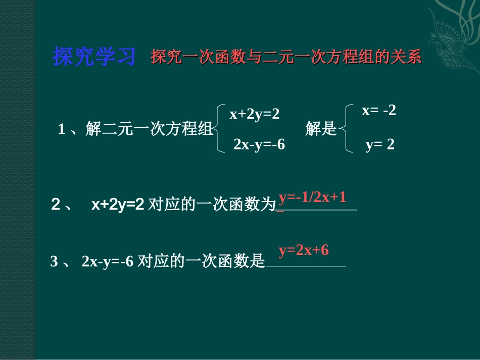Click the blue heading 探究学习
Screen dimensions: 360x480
tap(94, 57)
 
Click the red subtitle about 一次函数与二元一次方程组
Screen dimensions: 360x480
tap(285, 57)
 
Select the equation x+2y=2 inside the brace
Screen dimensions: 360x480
tap(254, 115)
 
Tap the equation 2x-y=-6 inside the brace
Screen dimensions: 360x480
tap(259, 145)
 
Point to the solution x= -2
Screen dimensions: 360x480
tap(378, 111)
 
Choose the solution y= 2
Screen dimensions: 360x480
tap(379, 145)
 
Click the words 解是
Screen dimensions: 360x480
tap(321, 130)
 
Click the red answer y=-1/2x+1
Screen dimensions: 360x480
tap(312, 197)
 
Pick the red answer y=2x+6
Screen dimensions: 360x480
tap(304, 250)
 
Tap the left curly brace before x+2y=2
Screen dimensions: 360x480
tap(219, 129)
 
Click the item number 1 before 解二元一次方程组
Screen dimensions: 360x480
tap(62, 130)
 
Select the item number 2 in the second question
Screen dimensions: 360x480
tap(56, 204)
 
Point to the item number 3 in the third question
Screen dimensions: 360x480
tap(55, 262)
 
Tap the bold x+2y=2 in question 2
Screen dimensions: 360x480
tap(118, 204)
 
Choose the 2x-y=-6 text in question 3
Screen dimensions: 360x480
tap(107, 262)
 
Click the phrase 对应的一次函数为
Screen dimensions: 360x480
tap(213, 205)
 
